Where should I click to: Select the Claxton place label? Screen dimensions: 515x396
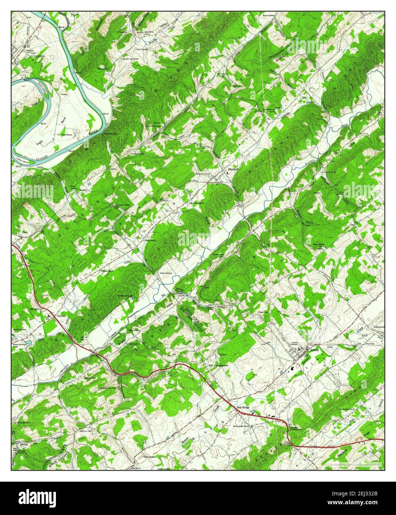coord(61,316)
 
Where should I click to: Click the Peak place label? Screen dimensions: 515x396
coord(25,232)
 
